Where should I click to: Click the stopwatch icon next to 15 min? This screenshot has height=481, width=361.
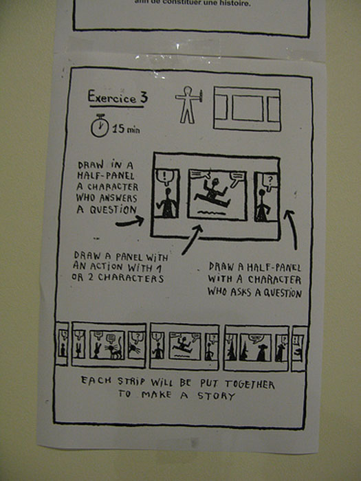click(x=100, y=126)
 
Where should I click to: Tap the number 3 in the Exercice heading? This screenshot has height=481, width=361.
click(x=144, y=97)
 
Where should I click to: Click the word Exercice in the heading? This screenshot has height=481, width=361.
click(x=112, y=97)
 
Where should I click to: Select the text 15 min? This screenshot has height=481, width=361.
click(x=126, y=129)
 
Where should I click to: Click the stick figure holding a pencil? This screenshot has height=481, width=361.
click(x=188, y=105)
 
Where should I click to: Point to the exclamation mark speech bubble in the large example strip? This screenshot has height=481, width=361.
click(x=166, y=177)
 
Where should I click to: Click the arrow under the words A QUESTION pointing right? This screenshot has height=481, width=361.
click(x=130, y=221)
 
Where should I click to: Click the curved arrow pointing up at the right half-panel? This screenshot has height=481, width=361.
click(x=292, y=229)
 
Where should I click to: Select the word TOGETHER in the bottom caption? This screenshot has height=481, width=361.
click(x=250, y=384)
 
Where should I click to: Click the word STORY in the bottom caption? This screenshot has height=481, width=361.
click(x=216, y=396)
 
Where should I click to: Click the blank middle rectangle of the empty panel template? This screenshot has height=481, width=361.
click(x=248, y=108)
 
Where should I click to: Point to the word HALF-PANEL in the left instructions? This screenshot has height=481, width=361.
click(x=106, y=175)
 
